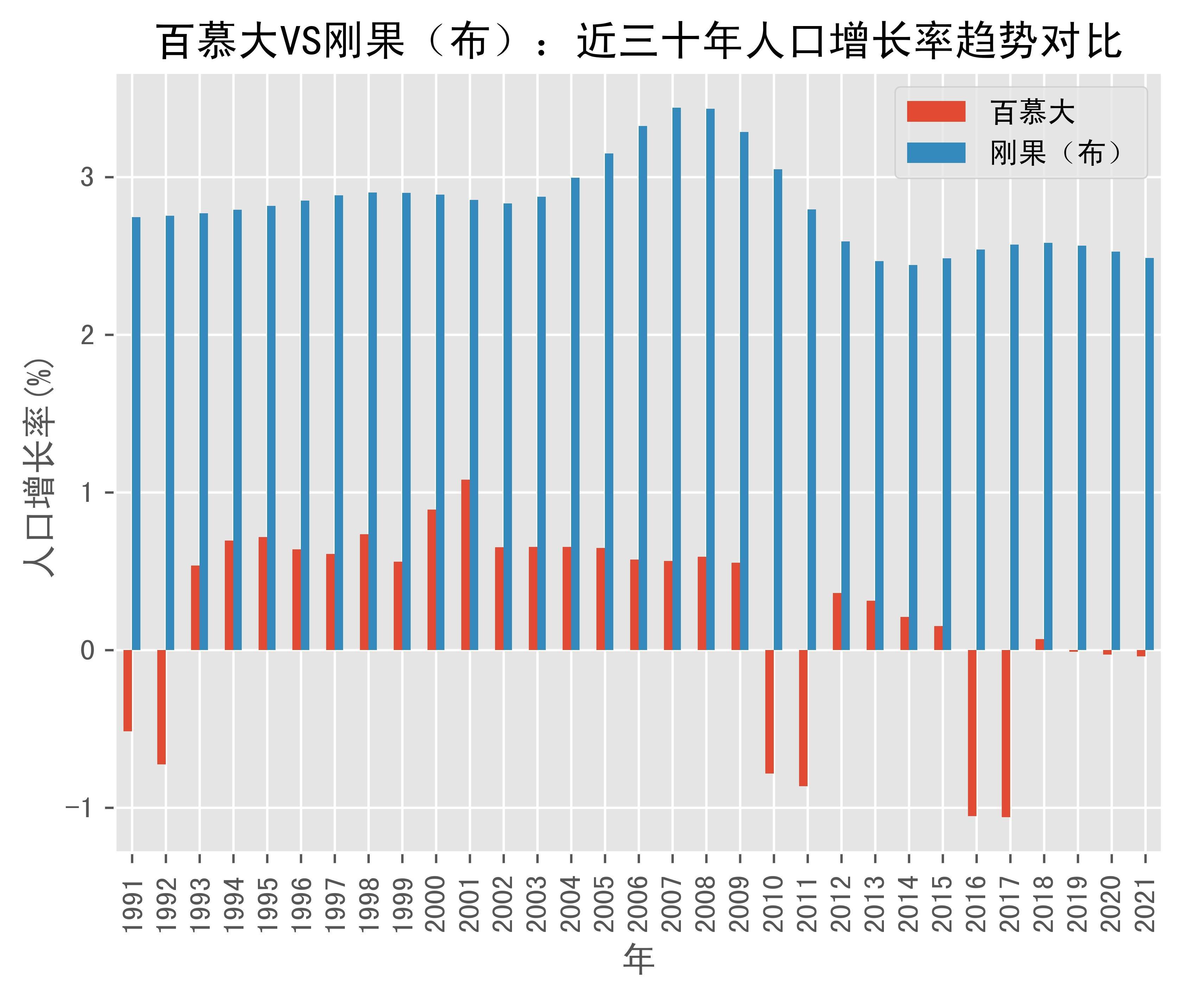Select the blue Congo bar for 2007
[677, 379]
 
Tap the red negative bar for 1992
[161, 707]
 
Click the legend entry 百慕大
[1032, 112]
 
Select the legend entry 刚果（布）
[1055, 153]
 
